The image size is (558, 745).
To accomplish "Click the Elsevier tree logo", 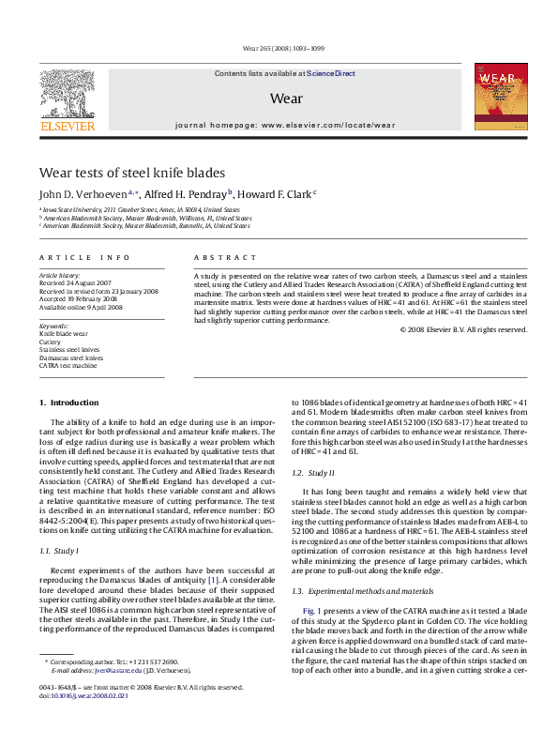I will tap(67, 96).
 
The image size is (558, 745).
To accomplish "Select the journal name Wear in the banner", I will tap(285, 98).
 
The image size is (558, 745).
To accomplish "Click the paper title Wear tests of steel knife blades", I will tap(131, 174).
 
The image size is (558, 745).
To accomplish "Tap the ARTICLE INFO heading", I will tap(71, 257).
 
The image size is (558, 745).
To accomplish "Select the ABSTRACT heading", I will tap(225, 257).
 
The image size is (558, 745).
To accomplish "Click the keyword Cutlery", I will tap(50, 342).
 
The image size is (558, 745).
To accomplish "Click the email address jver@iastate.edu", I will tap(110, 697).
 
